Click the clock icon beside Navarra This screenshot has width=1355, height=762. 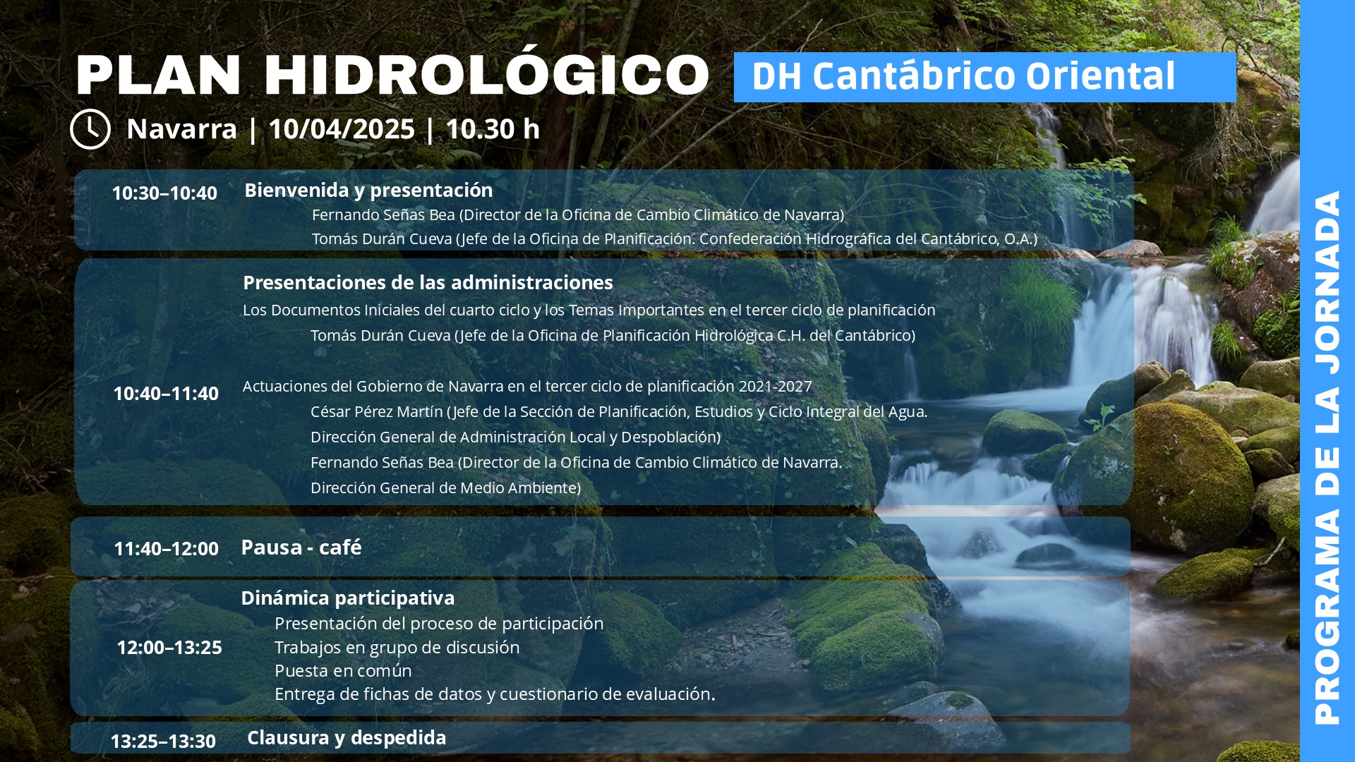pyautogui.click(x=90, y=129)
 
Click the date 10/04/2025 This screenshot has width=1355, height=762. pyautogui.click(x=342, y=129)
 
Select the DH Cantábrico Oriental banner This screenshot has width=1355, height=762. pyautogui.click(x=984, y=77)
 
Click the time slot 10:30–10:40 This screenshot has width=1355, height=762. pyautogui.click(x=164, y=193)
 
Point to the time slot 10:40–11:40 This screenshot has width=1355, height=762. pyautogui.click(x=166, y=394)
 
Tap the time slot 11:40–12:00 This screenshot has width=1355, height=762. pyautogui.click(x=166, y=549)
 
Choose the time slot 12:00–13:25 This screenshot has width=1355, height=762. pyautogui.click(x=169, y=648)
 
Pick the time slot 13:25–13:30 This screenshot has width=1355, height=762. pyautogui.click(x=163, y=742)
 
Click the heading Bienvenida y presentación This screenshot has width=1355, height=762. pyautogui.click(x=368, y=190)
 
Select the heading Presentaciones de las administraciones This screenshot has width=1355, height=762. pyautogui.click(x=428, y=283)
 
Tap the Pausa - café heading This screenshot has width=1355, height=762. pyautogui.click(x=301, y=548)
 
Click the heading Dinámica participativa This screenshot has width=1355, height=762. pyautogui.click(x=348, y=598)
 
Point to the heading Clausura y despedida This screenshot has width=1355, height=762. pyautogui.click(x=347, y=738)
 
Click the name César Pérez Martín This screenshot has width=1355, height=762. pyautogui.click(x=377, y=412)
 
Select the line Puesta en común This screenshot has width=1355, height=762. pyautogui.click(x=343, y=671)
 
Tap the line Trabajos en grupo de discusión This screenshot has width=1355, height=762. pyautogui.click(x=397, y=648)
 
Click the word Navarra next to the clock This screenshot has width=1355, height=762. pyautogui.click(x=182, y=129)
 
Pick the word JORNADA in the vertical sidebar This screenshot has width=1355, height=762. pyautogui.click(x=1327, y=282)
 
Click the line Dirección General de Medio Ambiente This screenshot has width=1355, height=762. pyautogui.click(x=446, y=488)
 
